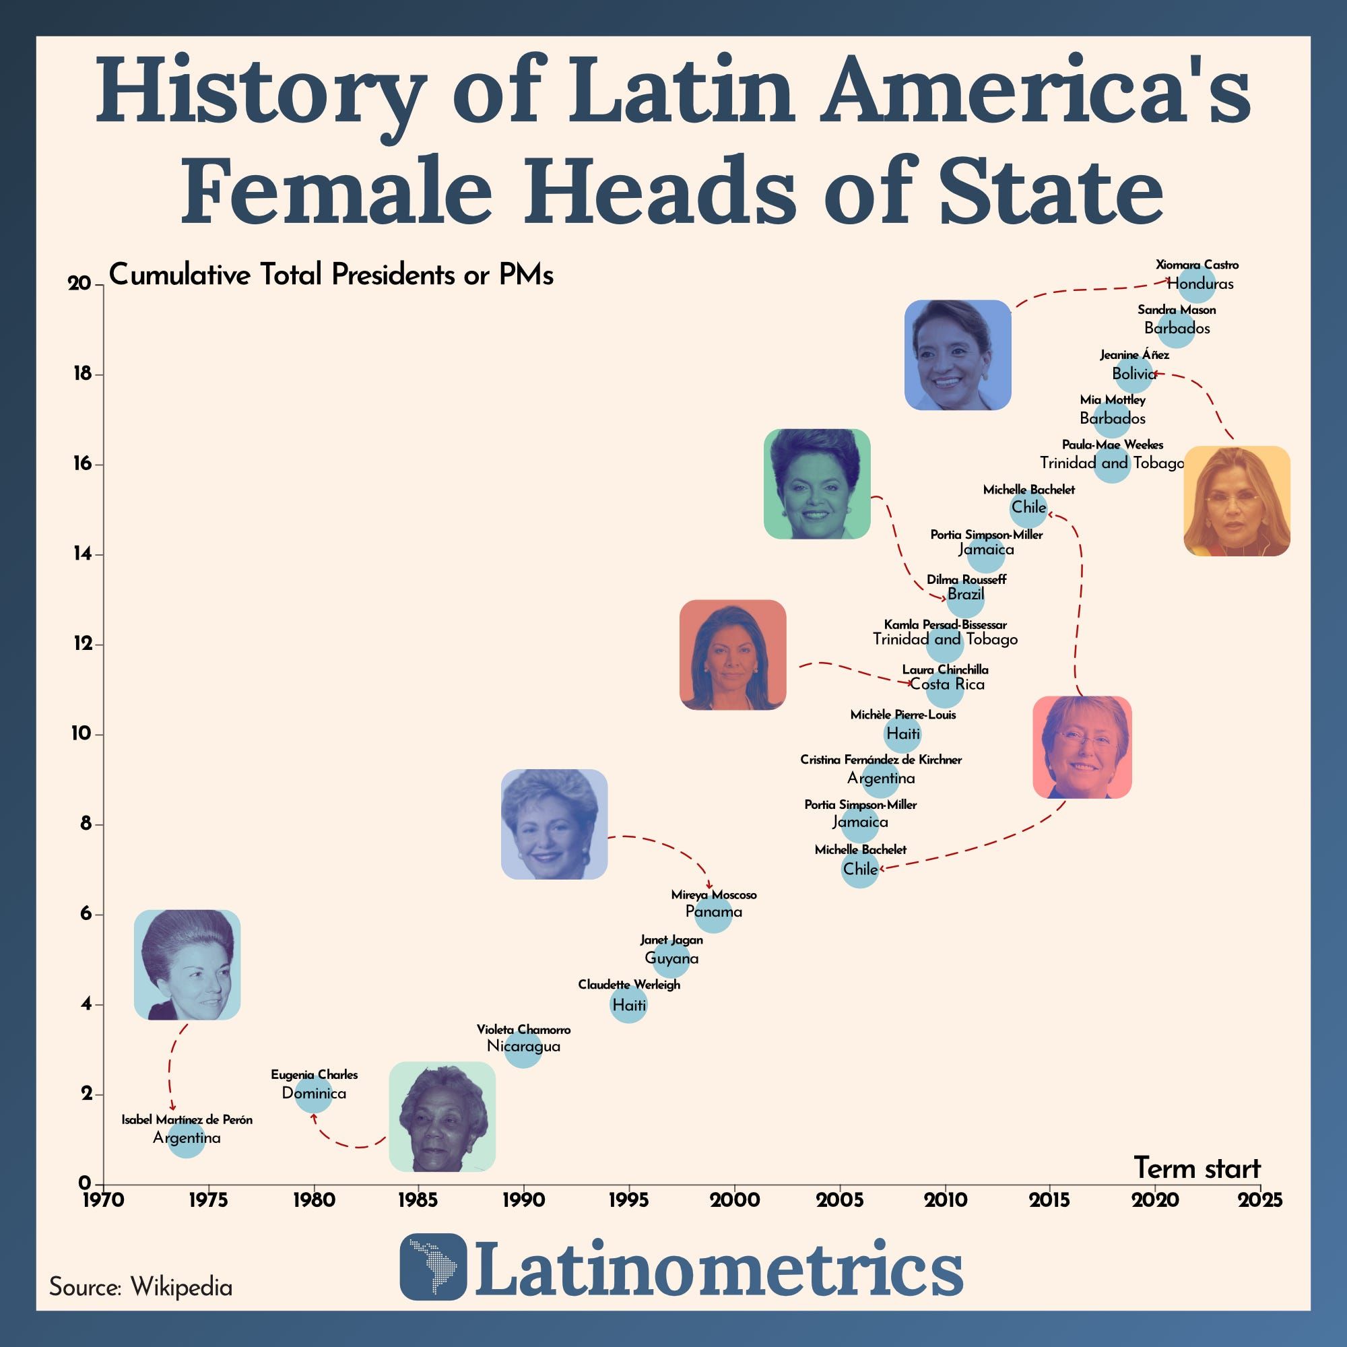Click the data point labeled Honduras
(1199, 284)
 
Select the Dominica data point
(313, 1094)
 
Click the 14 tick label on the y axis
(84, 554)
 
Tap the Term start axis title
(1197, 1169)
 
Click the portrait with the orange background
(1236, 500)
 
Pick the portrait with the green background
(816, 484)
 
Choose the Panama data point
(713, 915)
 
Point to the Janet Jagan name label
(671, 940)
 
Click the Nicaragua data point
(523, 1050)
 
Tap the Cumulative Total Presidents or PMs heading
(331, 275)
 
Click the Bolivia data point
(1133, 375)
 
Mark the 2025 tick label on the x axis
(1261, 1202)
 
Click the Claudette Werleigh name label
(629, 985)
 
